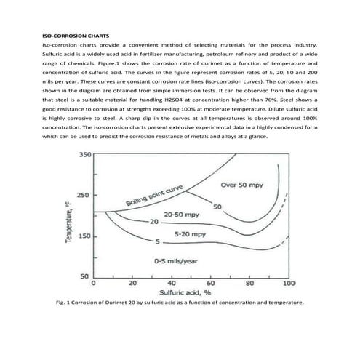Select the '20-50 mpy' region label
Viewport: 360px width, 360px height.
tap(182, 215)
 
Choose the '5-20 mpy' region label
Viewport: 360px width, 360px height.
tap(191, 236)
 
